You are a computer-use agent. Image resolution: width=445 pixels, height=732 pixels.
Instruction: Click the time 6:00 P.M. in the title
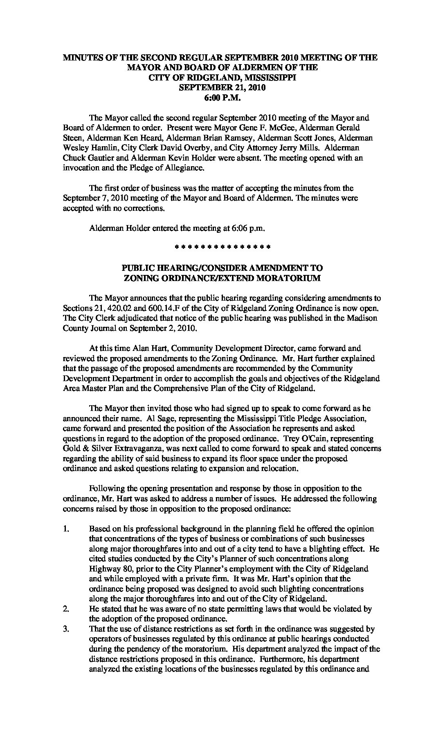[x=220, y=98]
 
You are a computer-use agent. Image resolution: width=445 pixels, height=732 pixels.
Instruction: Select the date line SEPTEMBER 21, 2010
[x=220, y=88]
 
